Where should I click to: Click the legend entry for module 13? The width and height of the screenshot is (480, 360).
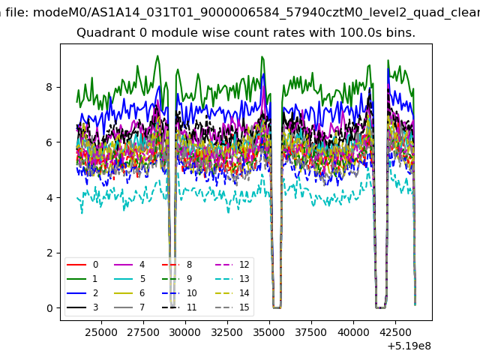pyautogui.click(x=232, y=279)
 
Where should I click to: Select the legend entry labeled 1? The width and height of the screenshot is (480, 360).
pyautogui.click(x=82, y=279)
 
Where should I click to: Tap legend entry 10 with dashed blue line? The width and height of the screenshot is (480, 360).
pyautogui.click(x=179, y=293)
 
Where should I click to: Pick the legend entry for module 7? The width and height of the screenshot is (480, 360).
pyautogui.click(x=130, y=307)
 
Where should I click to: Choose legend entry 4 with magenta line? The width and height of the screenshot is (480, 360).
pyautogui.click(x=130, y=265)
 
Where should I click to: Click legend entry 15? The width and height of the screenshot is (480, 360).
pyautogui.click(x=232, y=307)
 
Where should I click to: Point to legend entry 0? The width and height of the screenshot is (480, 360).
pyautogui.click(x=82, y=265)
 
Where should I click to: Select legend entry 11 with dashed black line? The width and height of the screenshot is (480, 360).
pyautogui.click(x=179, y=307)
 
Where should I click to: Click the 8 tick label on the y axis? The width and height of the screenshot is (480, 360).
pyautogui.click(x=49, y=87)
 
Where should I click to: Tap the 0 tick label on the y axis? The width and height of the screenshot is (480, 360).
pyautogui.click(x=49, y=308)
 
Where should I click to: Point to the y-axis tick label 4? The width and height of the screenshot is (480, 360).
pyautogui.click(x=49, y=198)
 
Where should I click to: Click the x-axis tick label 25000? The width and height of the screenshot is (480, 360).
pyautogui.click(x=101, y=332)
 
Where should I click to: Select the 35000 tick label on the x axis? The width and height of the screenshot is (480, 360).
pyautogui.click(x=269, y=332)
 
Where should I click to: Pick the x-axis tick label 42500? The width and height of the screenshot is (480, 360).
pyautogui.click(x=395, y=332)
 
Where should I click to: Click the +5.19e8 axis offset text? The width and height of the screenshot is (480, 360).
pyautogui.click(x=409, y=346)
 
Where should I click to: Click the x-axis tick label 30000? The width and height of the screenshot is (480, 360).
pyautogui.click(x=185, y=332)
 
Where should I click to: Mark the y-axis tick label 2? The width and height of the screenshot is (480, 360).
pyautogui.click(x=49, y=253)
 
